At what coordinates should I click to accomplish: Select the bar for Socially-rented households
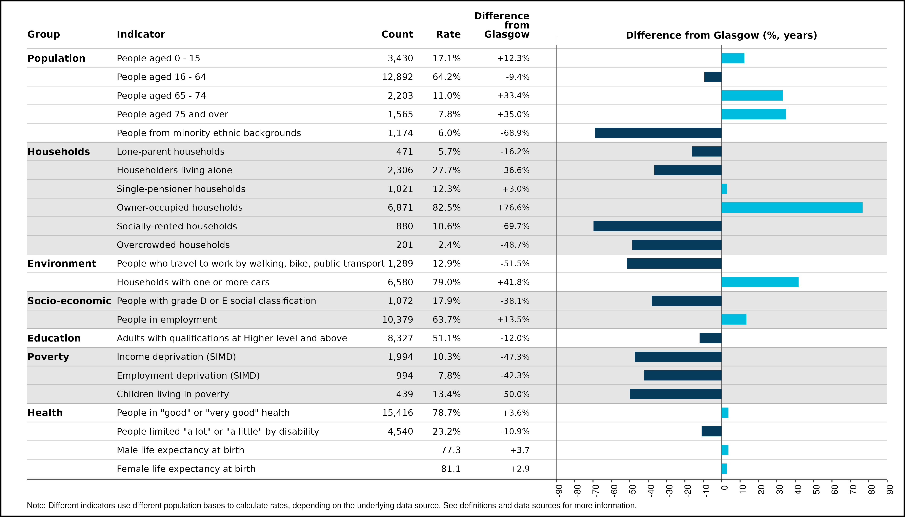tap(658, 226)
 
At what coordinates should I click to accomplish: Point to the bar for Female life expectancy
tap(724, 469)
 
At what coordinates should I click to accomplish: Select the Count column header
tap(397, 35)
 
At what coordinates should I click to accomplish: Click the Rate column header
tap(448, 35)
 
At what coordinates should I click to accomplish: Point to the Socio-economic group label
tap(69, 301)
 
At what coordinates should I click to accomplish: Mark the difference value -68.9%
tap(515, 133)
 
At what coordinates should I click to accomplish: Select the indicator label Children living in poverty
tap(173, 394)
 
